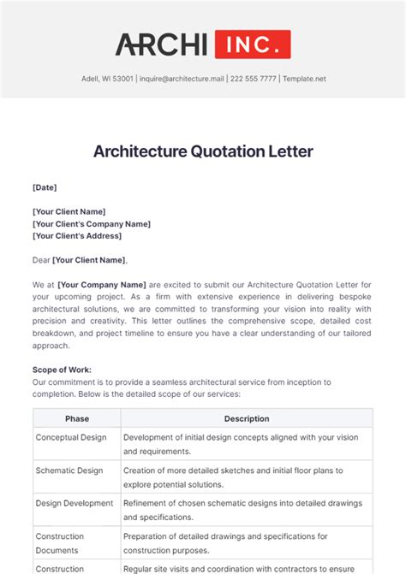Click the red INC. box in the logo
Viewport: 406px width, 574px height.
[253, 44]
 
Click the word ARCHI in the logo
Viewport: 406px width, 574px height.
[162, 44]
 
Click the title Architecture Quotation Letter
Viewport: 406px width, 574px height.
[203, 151]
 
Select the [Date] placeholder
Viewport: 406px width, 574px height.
[45, 186]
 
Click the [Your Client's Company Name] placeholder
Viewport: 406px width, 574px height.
[92, 223]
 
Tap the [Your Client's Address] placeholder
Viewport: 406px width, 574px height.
[77, 235]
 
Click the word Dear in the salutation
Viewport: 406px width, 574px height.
[41, 260]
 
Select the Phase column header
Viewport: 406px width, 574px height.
[77, 418]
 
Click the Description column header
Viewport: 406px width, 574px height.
[247, 418]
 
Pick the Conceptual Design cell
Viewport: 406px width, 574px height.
[71, 437]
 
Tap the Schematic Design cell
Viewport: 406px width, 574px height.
[69, 470]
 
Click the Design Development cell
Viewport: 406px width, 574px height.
[75, 503]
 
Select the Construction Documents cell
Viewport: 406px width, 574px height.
[60, 543]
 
